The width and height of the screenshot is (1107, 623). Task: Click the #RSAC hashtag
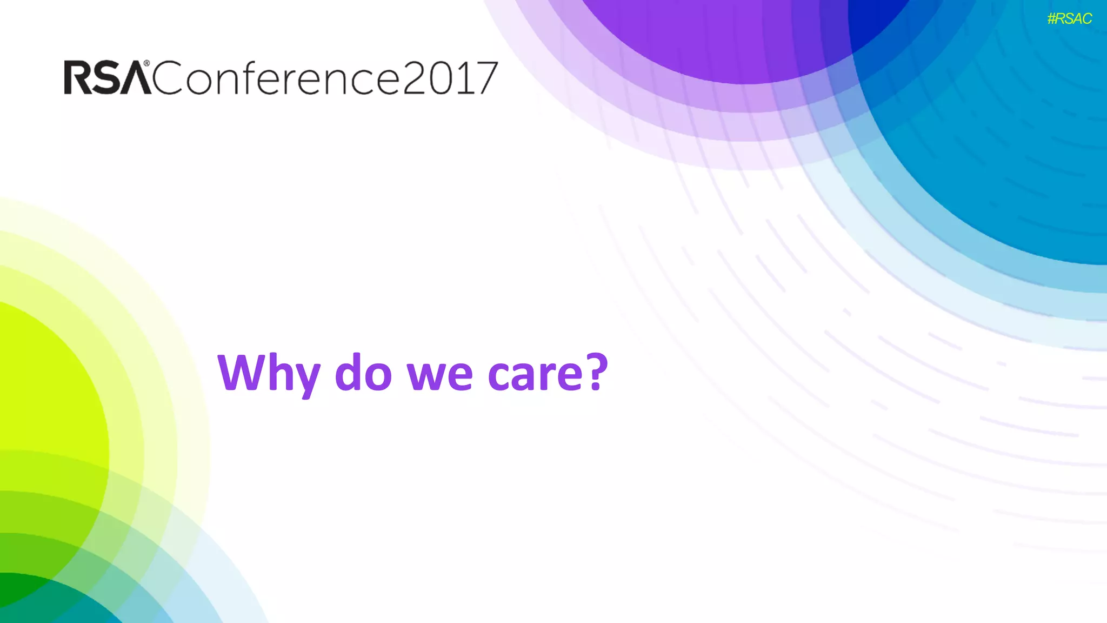point(1069,19)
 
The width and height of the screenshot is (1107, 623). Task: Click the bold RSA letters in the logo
point(107,78)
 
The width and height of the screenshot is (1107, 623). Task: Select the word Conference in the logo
point(276,78)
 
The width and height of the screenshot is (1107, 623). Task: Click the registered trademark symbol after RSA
point(146,64)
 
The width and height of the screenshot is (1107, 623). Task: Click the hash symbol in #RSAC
point(1052,19)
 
